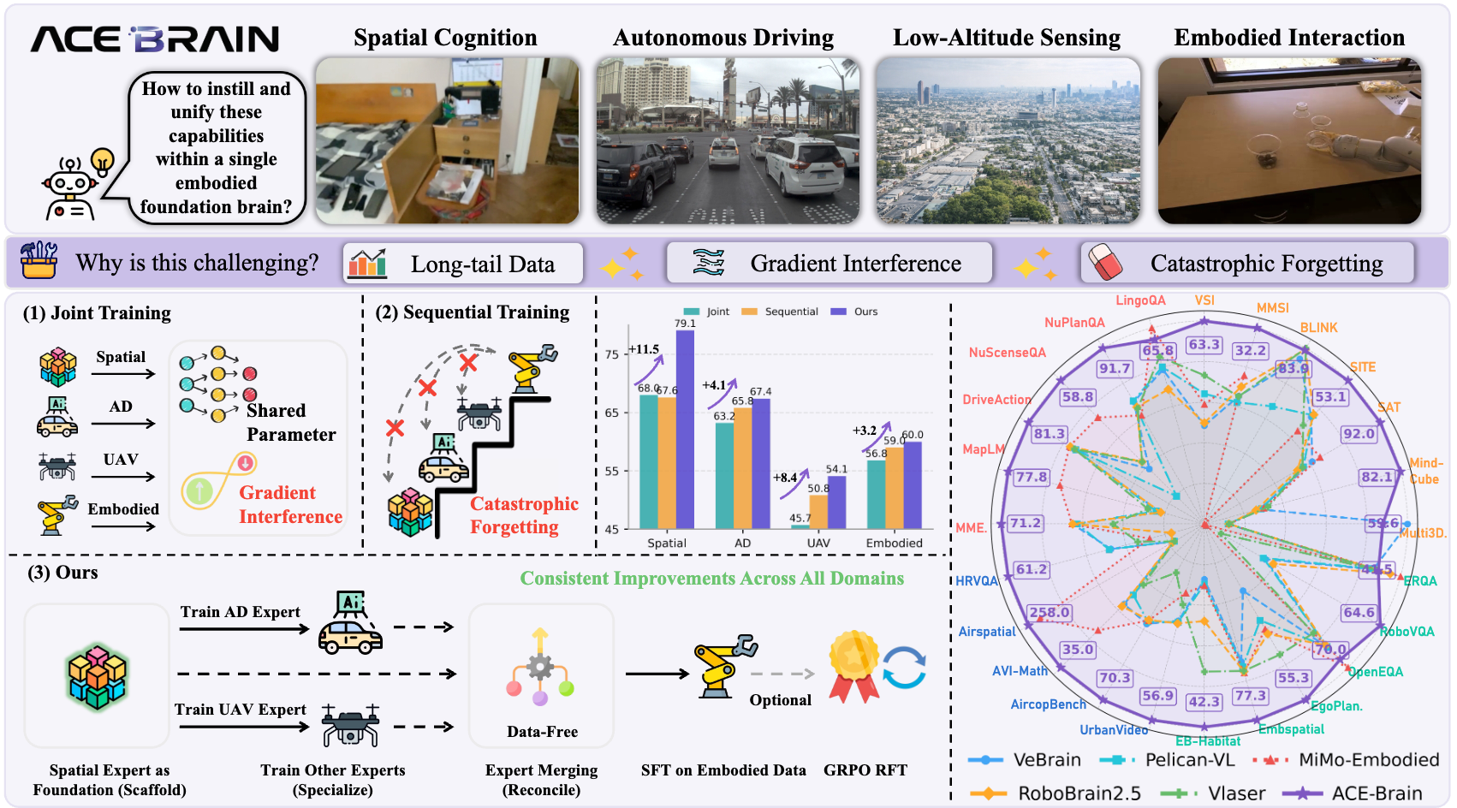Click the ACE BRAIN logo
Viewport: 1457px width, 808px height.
click(155, 39)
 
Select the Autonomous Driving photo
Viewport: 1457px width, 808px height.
click(728, 141)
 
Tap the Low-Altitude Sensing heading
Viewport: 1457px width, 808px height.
click(1006, 38)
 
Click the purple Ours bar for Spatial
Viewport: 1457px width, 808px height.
click(685, 428)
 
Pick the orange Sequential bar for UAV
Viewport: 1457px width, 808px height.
click(818, 511)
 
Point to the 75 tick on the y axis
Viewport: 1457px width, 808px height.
click(612, 354)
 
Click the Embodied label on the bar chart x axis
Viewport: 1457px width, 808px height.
click(894, 543)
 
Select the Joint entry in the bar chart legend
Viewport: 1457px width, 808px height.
click(707, 312)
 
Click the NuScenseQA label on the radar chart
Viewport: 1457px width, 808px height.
click(1007, 353)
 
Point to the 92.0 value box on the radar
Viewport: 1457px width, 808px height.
click(1358, 434)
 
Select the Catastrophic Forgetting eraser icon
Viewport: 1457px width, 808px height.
click(1104, 262)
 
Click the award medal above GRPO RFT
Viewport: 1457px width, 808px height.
click(853, 665)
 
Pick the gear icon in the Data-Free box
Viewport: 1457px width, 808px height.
click(539, 667)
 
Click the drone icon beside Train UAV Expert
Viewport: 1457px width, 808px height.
click(350, 726)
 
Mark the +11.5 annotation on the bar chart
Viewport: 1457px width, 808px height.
click(644, 349)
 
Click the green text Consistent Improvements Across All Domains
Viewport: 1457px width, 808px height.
click(711, 579)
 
